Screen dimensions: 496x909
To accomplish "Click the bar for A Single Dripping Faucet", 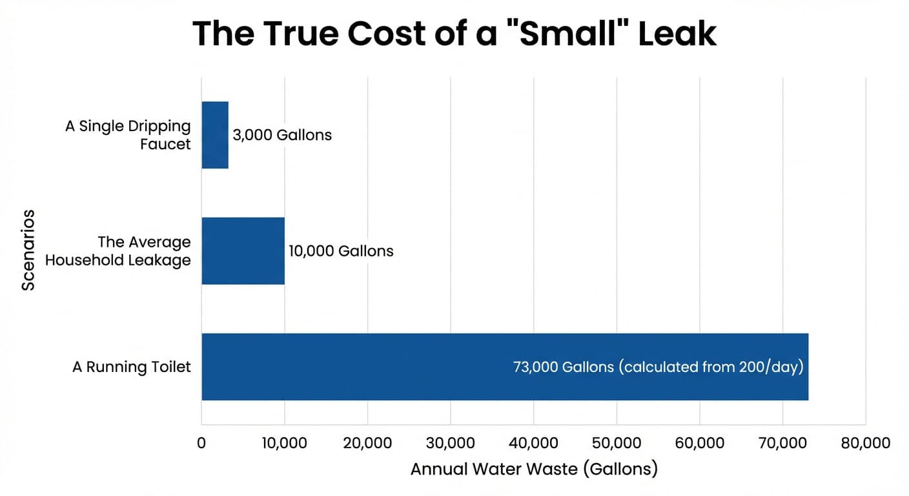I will tap(215, 135).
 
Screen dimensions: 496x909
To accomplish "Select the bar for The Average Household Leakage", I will tap(243, 251).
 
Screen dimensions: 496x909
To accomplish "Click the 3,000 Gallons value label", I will tap(282, 135).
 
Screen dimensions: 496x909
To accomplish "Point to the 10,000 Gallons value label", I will tap(341, 251).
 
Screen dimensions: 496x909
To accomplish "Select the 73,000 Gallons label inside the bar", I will tap(658, 367).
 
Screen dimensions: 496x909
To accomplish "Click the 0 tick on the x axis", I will tap(201, 443).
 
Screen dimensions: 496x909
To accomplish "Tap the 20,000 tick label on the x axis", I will tap(367, 443).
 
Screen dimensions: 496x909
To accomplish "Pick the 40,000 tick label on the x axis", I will tap(533, 443).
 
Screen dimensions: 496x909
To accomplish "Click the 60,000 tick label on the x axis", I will tap(699, 443).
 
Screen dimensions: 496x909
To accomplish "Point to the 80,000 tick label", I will tap(865, 443).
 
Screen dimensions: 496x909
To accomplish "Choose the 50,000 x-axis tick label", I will tap(617, 443).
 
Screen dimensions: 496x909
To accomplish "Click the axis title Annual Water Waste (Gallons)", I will tap(534, 468).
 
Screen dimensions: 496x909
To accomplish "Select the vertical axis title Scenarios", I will tap(28, 249).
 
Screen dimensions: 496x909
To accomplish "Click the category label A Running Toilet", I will tap(132, 367).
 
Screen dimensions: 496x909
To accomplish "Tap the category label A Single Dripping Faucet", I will tap(128, 135).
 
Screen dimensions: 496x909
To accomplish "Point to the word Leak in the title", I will tap(677, 34).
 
